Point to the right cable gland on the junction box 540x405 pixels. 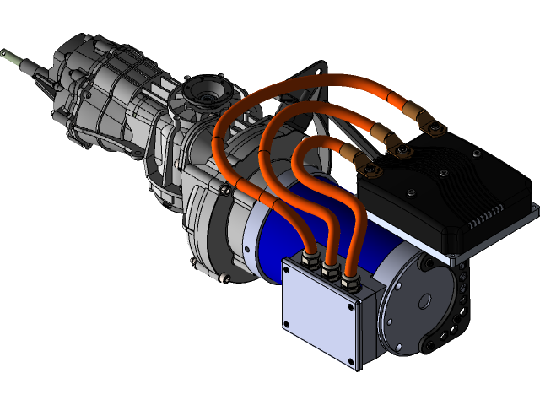pyautogui.click(x=348, y=280)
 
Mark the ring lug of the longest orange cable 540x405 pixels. pyautogui.click(x=435, y=127)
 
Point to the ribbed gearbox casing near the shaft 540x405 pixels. pyautogui.click(x=93, y=93)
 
